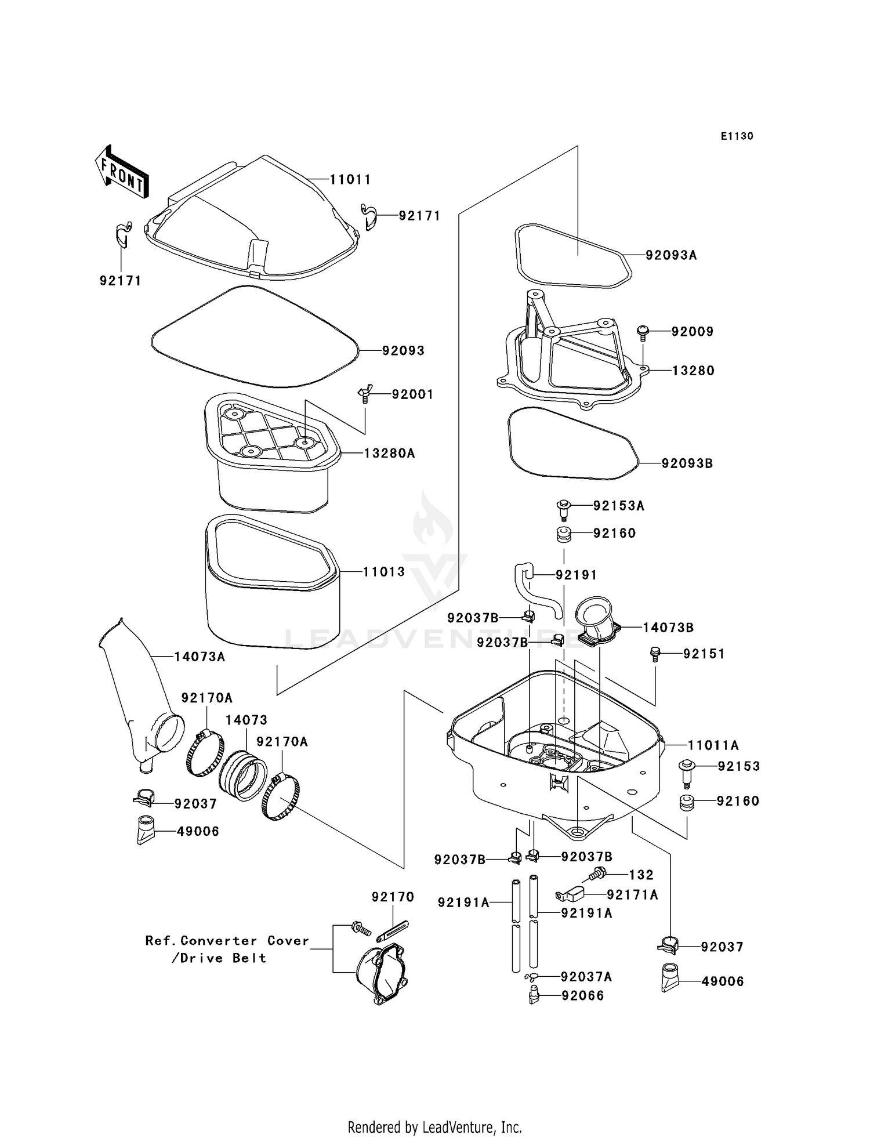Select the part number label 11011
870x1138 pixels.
350,180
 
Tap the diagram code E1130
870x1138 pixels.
737,136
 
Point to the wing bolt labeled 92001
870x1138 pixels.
364,394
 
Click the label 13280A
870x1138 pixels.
389,454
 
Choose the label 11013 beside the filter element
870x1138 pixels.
384,572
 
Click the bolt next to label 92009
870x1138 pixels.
643,332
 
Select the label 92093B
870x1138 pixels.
687,463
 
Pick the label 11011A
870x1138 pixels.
713,745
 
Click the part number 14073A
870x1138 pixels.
200,657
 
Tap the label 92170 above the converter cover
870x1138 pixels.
393,897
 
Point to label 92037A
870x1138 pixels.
586,977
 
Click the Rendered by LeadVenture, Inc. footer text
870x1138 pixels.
434,1127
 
